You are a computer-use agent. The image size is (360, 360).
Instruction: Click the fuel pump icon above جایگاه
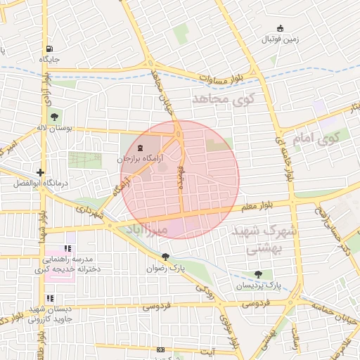[49, 49]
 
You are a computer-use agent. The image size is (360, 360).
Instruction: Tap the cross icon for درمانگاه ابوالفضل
[41, 172]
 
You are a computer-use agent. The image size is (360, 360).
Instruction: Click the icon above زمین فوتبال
[281, 28]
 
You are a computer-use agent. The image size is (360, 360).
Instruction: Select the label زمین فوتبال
[281, 39]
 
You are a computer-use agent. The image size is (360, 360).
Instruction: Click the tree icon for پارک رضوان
[165, 257]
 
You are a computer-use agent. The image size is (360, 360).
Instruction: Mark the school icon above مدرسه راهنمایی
[68, 248]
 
